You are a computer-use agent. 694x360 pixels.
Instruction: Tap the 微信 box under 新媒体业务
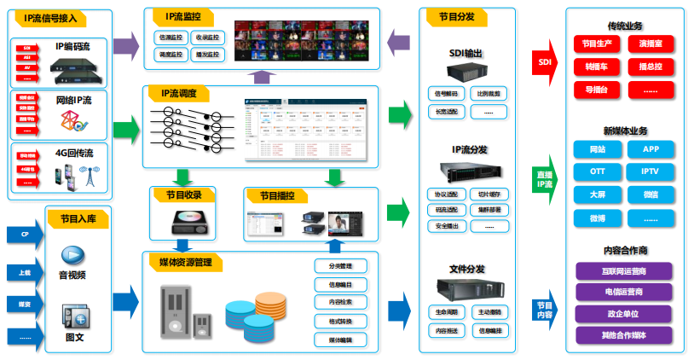(651, 195)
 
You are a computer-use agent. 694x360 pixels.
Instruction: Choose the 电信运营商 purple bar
(623, 292)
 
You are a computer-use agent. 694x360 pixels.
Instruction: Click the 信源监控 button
(171, 38)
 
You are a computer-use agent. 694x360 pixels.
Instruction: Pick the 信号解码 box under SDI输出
(446, 92)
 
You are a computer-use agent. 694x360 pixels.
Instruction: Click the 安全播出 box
(446, 226)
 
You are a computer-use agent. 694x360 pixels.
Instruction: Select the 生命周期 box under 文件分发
(446, 312)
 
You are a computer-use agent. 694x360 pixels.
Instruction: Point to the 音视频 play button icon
(72, 255)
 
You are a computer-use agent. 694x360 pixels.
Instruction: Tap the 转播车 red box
(596, 66)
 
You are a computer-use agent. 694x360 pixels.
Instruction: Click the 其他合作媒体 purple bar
(623, 335)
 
